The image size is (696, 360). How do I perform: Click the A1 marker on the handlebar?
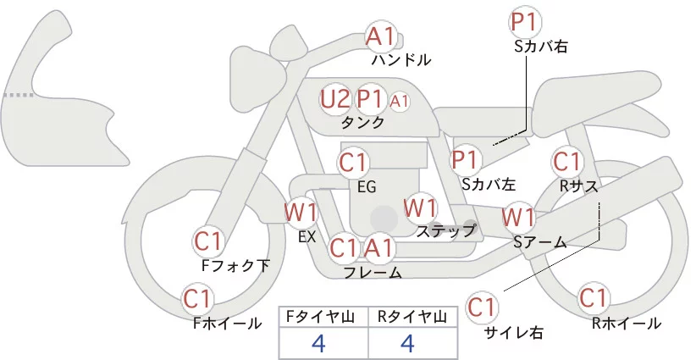point(381,36)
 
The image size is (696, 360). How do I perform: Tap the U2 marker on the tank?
point(335,99)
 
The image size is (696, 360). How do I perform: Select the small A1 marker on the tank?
point(399,102)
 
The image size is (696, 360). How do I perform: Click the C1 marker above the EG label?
point(353,163)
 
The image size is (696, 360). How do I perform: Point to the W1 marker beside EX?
point(301,213)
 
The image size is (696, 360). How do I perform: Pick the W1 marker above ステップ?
point(420,208)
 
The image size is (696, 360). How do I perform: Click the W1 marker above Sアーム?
point(518,218)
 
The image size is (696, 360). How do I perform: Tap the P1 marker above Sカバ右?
point(525,22)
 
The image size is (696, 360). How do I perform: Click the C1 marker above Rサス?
point(567,162)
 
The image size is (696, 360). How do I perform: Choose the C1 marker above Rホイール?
point(593,298)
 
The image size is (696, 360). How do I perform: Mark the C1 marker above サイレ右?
point(482,307)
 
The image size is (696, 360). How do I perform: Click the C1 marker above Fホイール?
point(197,299)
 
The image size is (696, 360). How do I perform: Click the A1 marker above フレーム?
point(380,247)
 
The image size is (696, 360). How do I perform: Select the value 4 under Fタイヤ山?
point(319,343)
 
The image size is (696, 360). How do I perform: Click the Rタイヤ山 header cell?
point(413,317)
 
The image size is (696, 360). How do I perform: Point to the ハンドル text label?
point(401,59)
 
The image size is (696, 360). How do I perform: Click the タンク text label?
point(362,123)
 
